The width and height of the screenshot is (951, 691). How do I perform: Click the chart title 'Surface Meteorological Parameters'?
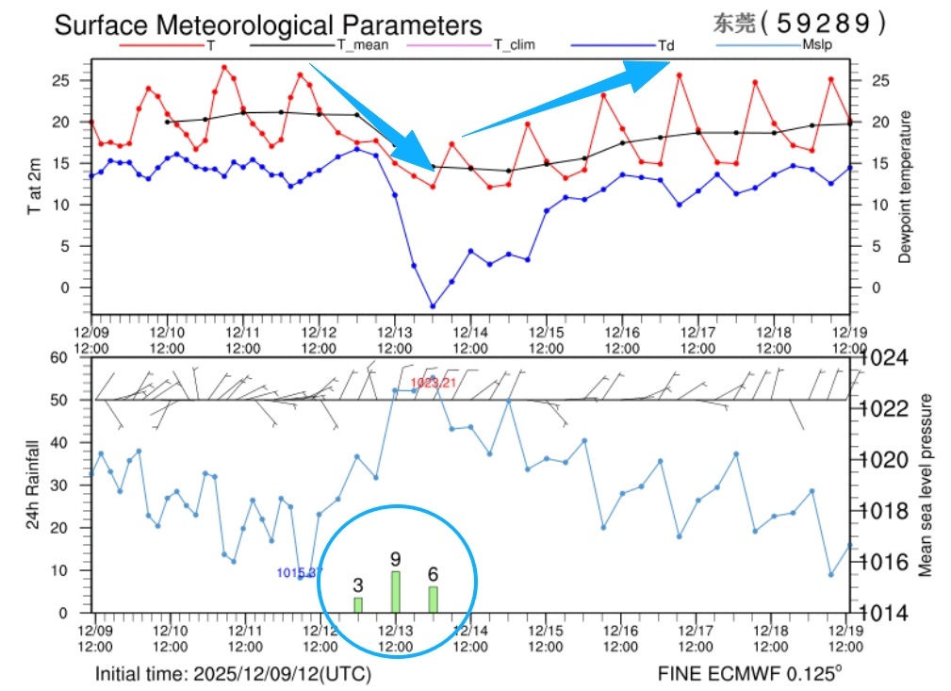[x=268, y=25]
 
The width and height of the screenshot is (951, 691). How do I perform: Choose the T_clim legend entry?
[x=515, y=44]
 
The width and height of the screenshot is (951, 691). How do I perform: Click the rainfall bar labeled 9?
[x=396, y=591]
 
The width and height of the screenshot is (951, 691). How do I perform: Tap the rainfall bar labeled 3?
[x=358, y=604]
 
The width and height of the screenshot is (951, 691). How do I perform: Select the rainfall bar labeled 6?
[x=433, y=599]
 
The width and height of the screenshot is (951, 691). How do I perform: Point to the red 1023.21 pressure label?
[x=433, y=382]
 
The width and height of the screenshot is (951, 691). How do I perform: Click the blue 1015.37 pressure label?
[x=299, y=572]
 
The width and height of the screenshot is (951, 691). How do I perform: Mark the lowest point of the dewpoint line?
[x=433, y=305]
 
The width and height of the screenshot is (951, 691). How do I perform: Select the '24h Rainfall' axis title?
[x=32, y=484]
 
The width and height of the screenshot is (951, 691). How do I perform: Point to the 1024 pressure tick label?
[x=882, y=359]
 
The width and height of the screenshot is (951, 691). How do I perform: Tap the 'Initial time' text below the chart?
[x=233, y=675]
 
